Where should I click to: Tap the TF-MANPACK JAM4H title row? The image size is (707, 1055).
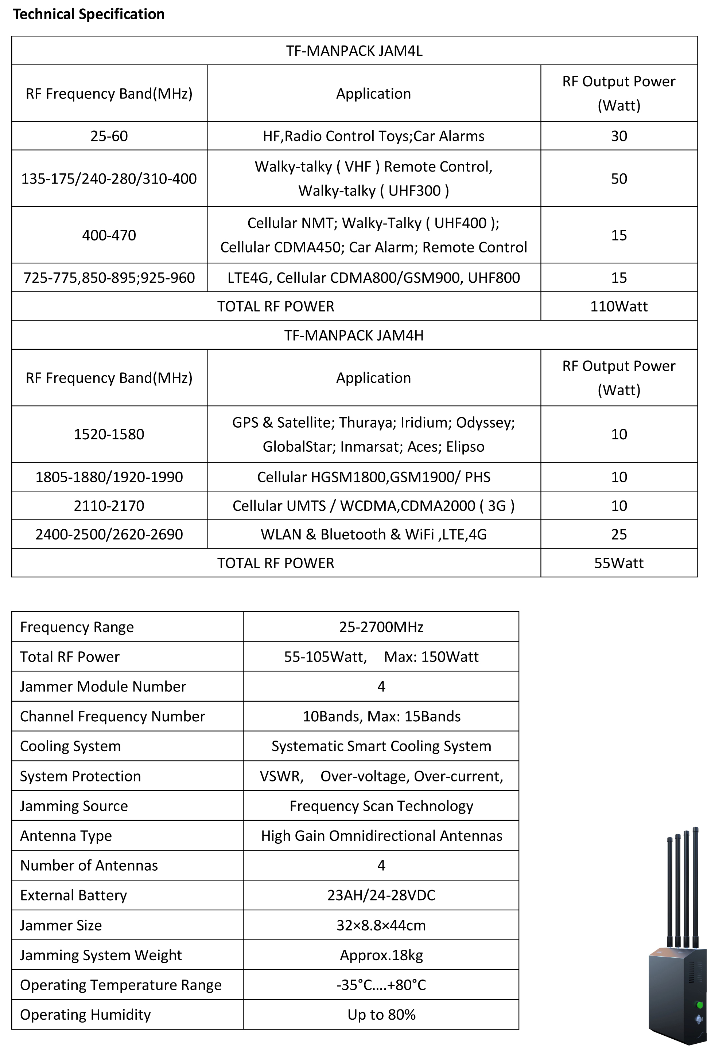[354, 335]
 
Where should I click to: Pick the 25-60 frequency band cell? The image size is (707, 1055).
[109, 136]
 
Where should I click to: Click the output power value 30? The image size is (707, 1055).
[619, 136]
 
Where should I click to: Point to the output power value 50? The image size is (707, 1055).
[619, 179]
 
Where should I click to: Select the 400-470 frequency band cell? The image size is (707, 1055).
[109, 235]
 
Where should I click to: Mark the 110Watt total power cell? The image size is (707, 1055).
[619, 306]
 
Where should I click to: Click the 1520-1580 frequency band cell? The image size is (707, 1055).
[109, 434]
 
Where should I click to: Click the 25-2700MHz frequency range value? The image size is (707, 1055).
[381, 627]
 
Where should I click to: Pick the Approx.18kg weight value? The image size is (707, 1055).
[381, 955]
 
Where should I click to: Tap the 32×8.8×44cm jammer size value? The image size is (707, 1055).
[381, 925]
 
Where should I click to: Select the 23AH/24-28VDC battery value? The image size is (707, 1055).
[381, 895]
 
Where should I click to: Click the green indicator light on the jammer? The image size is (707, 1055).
[699, 1005]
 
